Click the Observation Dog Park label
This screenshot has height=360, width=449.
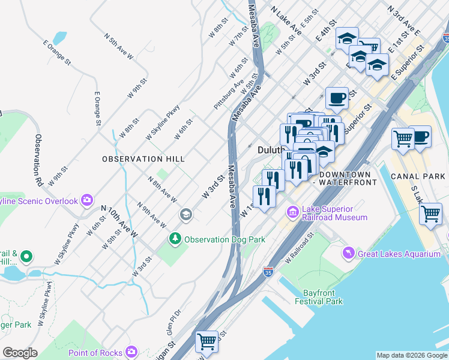224,239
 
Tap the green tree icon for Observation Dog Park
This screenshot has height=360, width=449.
175,239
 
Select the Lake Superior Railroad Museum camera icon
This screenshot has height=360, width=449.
293,212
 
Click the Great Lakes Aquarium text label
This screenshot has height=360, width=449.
399,254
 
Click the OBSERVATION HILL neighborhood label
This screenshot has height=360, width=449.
143,159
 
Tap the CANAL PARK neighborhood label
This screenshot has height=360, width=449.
416,176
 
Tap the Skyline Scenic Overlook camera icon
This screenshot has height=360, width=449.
88,200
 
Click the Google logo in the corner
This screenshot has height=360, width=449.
20,353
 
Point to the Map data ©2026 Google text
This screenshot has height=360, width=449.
411,355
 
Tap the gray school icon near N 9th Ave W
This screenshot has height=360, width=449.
186,214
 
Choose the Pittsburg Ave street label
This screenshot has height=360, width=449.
229,95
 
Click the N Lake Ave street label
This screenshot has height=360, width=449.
286,20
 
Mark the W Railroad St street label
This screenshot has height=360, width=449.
300,250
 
